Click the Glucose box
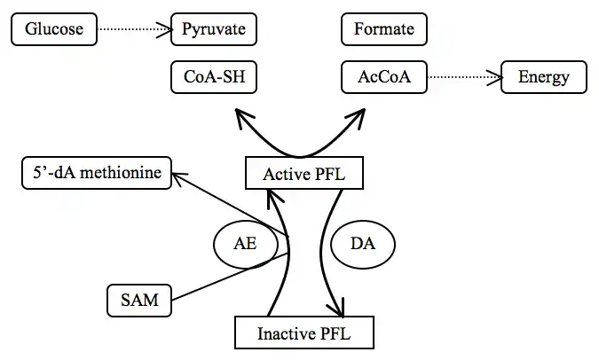(x=54, y=29)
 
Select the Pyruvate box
(x=214, y=29)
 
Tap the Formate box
(x=383, y=29)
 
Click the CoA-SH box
(x=214, y=77)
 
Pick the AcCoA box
(x=383, y=77)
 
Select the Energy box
(x=543, y=77)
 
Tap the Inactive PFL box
(x=303, y=333)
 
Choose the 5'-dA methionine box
(x=97, y=172)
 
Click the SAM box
(x=139, y=300)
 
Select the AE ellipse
(x=245, y=244)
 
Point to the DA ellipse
(x=362, y=244)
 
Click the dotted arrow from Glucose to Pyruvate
(x=132, y=30)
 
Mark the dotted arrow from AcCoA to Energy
(x=463, y=78)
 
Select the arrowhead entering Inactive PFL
(x=336, y=309)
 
